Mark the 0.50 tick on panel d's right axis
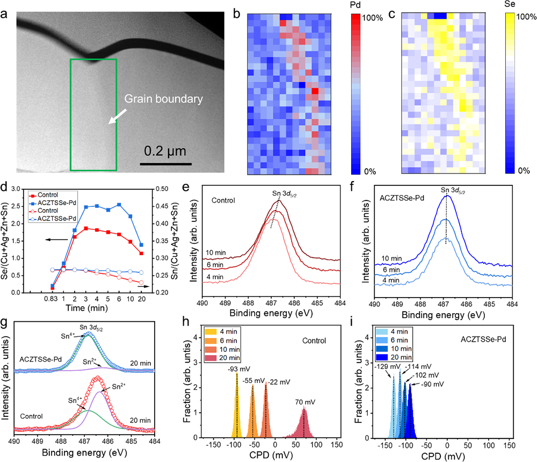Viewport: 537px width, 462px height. click(162, 189)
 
